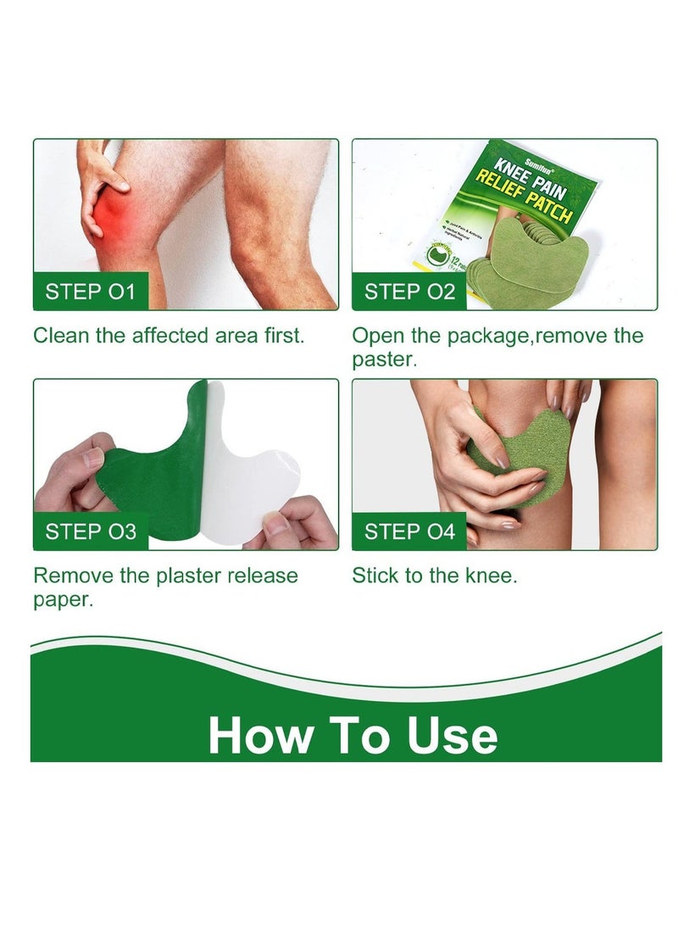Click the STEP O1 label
pos(91,292)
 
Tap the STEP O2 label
pos(410,292)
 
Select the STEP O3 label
pos(91,531)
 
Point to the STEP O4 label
pos(410,531)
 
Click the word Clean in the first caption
pos(61,335)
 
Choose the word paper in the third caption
pos(63,600)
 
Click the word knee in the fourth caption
pos(486,576)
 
